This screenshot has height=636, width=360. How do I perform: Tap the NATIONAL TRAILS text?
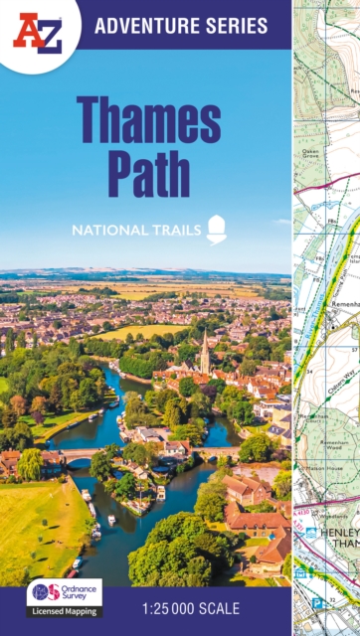[134, 231]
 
